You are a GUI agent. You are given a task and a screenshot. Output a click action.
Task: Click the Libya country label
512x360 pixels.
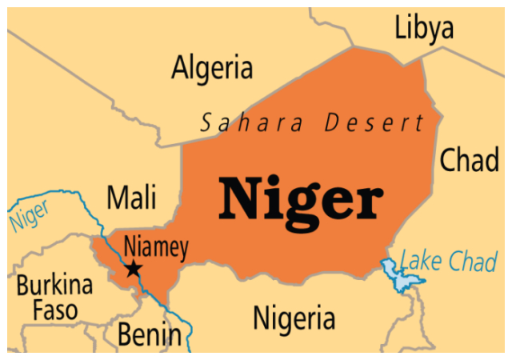[x=424, y=29]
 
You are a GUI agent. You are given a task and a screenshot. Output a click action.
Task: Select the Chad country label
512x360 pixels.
[x=470, y=161]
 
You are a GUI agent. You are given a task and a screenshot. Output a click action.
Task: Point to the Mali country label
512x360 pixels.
[x=132, y=197]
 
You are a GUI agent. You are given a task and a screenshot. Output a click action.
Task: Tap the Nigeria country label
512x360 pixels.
[x=294, y=318]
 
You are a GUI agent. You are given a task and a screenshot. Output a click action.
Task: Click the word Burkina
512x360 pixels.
[x=55, y=286]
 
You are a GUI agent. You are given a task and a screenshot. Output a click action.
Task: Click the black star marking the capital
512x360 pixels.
[x=134, y=269]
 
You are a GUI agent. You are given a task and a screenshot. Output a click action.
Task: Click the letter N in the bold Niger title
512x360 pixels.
[x=239, y=199]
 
